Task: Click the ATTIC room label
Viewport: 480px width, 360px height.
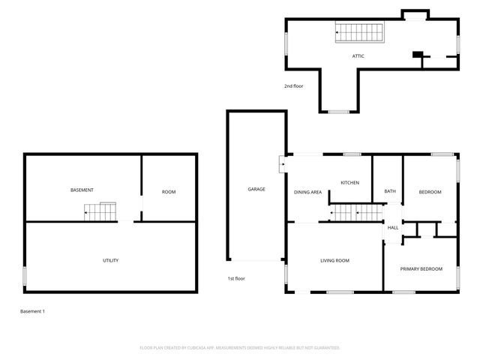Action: point(358,56)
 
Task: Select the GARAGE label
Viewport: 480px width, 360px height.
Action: point(256,189)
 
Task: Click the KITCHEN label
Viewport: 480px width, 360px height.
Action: point(350,183)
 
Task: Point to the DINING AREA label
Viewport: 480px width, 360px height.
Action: point(307,193)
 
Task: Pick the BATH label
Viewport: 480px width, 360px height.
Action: point(390,192)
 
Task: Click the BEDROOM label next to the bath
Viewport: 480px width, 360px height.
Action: point(430,192)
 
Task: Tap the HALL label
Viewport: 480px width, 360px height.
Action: point(392,228)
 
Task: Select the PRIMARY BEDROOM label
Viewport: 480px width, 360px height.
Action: point(421,268)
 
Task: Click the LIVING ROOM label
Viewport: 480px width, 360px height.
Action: point(335,260)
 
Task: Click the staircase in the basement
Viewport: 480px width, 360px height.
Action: point(101,211)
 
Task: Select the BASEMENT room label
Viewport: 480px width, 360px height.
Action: point(82,190)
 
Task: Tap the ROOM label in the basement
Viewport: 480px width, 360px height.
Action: point(169,192)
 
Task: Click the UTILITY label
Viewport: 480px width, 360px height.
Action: point(110,260)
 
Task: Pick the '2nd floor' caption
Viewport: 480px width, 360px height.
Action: point(293,86)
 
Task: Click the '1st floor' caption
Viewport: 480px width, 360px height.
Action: point(237,279)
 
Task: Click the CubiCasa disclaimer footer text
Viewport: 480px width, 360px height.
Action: point(240,347)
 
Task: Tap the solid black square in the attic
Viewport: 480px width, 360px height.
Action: point(417,54)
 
